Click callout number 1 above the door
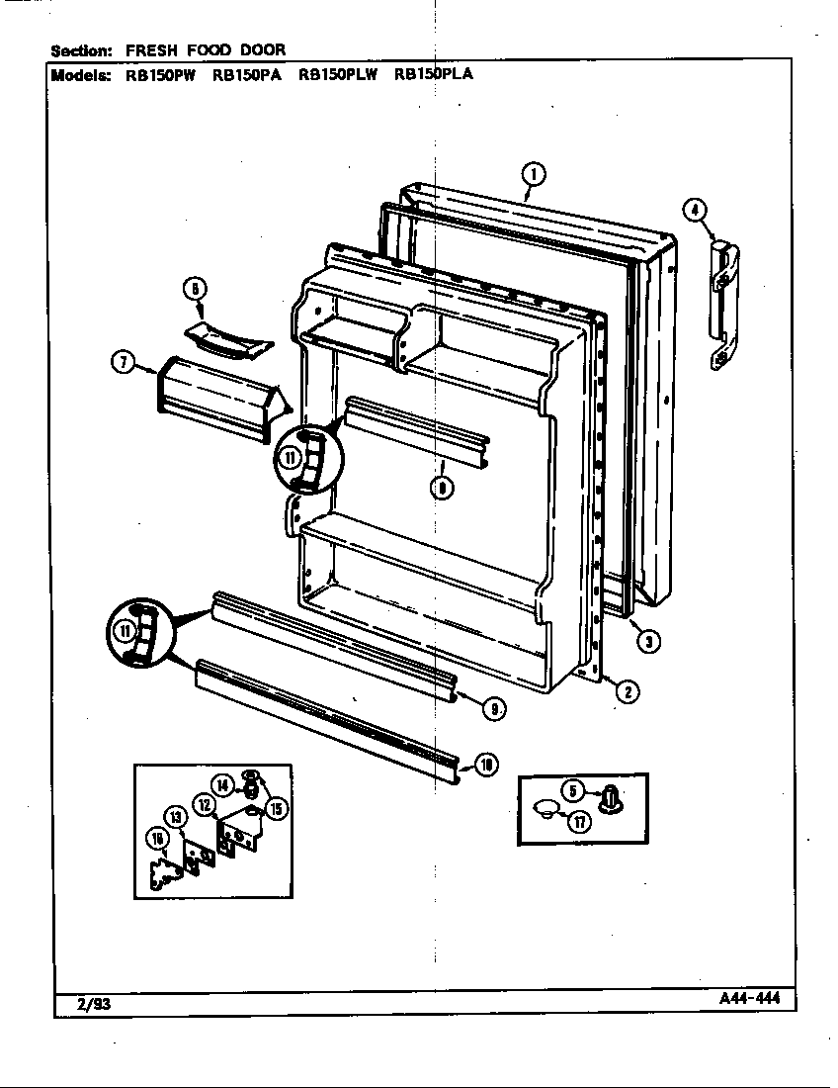click(532, 176)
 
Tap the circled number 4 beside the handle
click(695, 209)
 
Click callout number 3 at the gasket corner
click(647, 641)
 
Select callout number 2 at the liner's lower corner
click(626, 691)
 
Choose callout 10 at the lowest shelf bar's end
click(486, 764)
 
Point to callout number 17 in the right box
click(579, 820)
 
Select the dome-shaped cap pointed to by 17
click(545, 808)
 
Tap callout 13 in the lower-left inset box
click(175, 816)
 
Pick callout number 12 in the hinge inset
click(205, 804)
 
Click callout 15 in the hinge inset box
click(277, 808)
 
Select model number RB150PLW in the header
click(338, 72)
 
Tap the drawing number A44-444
click(750, 998)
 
